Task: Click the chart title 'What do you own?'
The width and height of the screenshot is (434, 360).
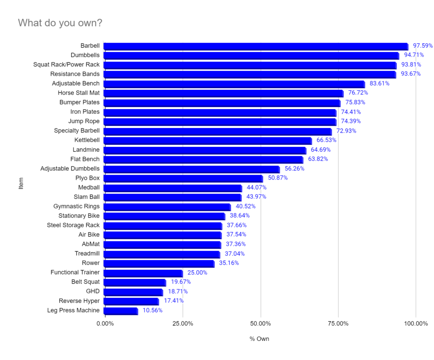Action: click(x=60, y=23)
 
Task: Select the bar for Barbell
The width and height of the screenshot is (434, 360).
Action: click(x=256, y=46)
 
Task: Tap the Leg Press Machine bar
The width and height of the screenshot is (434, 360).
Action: click(x=120, y=311)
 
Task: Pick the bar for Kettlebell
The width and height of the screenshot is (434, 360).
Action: click(x=207, y=141)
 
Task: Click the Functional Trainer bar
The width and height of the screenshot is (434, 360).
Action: click(x=143, y=273)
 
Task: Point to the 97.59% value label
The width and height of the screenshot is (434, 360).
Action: click(x=423, y=46)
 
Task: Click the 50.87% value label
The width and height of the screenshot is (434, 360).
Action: click(x=278, y=178)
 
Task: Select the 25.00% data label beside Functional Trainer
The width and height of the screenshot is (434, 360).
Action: click(x=197, y=273)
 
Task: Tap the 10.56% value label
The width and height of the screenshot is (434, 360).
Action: click(x=152, y=310)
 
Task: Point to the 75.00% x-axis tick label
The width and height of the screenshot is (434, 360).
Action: click(x=338, y=324)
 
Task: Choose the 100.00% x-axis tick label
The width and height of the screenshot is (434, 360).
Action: click(x=416, y=324)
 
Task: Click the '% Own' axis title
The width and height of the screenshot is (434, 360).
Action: click(x=259, y=339)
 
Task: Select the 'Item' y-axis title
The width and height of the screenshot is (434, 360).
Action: click(x=21, y=183)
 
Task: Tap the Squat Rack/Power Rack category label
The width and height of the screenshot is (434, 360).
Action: click(x=67, y=65)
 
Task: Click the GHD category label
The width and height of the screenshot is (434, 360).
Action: click(x=92, y=291)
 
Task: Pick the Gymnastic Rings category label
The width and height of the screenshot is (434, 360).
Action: click(x=76, y=207)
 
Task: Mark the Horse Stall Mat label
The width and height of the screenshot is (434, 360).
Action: click(x=79, y=93)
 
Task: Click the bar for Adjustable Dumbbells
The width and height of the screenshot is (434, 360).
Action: click(x=191, y=169)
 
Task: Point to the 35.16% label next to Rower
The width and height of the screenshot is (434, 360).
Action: click(x=229, y=263)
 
